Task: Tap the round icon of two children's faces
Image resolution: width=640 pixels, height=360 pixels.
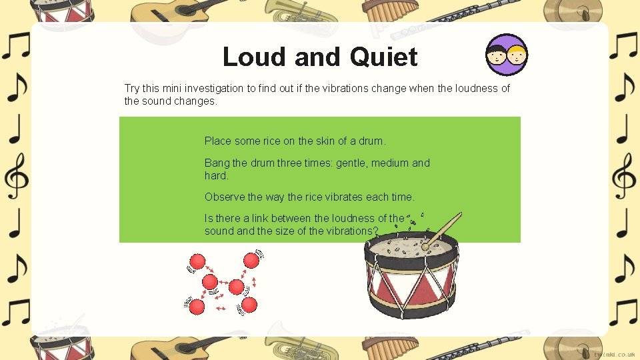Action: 507,55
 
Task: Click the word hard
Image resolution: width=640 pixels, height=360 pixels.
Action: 216,176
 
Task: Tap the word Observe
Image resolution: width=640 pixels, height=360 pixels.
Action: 224,197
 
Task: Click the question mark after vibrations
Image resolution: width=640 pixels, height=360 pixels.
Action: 376,231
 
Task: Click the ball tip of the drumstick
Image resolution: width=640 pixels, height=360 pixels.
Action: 425,246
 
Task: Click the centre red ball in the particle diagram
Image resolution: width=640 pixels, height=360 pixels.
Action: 236,287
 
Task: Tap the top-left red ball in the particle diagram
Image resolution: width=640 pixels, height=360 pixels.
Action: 197,261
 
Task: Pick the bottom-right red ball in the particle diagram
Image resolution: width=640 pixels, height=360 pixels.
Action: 249,305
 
